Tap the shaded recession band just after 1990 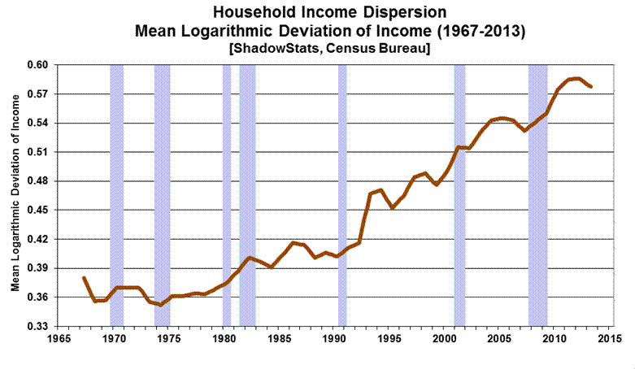pyautogui.click(x=342, y=195)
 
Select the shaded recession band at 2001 pyautogui.click(x=459, y=195)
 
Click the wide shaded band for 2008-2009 pyautogui.click(x=537, y=195)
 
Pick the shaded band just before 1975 pyautogui.click(x=162, y=195)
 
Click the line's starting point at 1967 pyautogui.click(x=84, y=278)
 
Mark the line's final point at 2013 pyautogui.click(x=591, y=86)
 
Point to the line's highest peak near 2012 pyautogui.click(x=577, y=78)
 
